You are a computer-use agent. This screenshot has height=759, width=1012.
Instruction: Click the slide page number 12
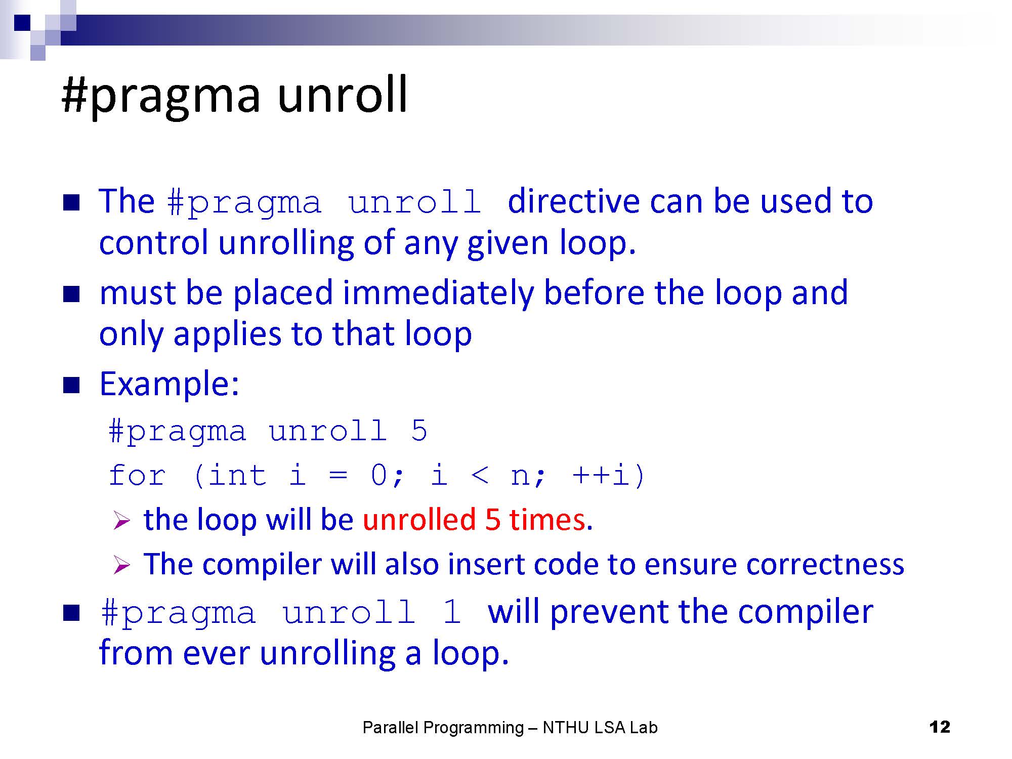click(940, 727)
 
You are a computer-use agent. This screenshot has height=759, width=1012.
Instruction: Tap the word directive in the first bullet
click(573, 201)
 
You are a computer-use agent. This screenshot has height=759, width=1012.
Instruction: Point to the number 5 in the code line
click(419, 431)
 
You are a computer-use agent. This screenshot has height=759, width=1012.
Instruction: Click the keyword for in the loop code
click(137, 475)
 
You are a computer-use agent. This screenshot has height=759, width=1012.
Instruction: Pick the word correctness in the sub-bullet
click(825, 564)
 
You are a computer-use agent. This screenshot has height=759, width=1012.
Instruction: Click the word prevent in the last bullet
click(609, 612)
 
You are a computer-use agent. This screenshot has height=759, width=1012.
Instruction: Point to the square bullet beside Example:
click(71, 386)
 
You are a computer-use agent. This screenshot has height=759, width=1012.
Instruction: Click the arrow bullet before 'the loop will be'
click(122, 521)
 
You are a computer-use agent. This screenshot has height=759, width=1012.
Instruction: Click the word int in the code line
click(237, 475)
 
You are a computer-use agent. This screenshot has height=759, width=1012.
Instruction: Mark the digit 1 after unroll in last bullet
click(451, 612)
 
